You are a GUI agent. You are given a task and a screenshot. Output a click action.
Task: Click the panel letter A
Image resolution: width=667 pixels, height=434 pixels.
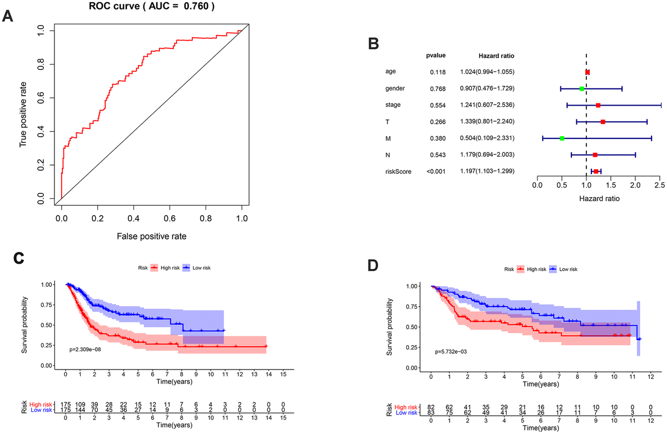8,16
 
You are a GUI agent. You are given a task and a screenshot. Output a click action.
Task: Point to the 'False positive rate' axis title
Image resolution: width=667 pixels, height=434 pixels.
151,236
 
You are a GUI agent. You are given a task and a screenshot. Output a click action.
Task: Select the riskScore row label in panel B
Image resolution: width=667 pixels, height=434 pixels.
398,172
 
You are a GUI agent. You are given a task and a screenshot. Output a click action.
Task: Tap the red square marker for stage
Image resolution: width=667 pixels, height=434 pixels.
598,105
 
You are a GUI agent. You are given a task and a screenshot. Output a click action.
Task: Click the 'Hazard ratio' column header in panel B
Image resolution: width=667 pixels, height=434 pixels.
496,56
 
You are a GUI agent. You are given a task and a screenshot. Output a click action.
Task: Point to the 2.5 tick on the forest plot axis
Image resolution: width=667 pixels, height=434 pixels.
659,185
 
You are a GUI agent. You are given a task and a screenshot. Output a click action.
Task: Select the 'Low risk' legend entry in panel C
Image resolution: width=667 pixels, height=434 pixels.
198,268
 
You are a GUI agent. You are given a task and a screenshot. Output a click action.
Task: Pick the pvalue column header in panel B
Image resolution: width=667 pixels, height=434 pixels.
435,55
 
